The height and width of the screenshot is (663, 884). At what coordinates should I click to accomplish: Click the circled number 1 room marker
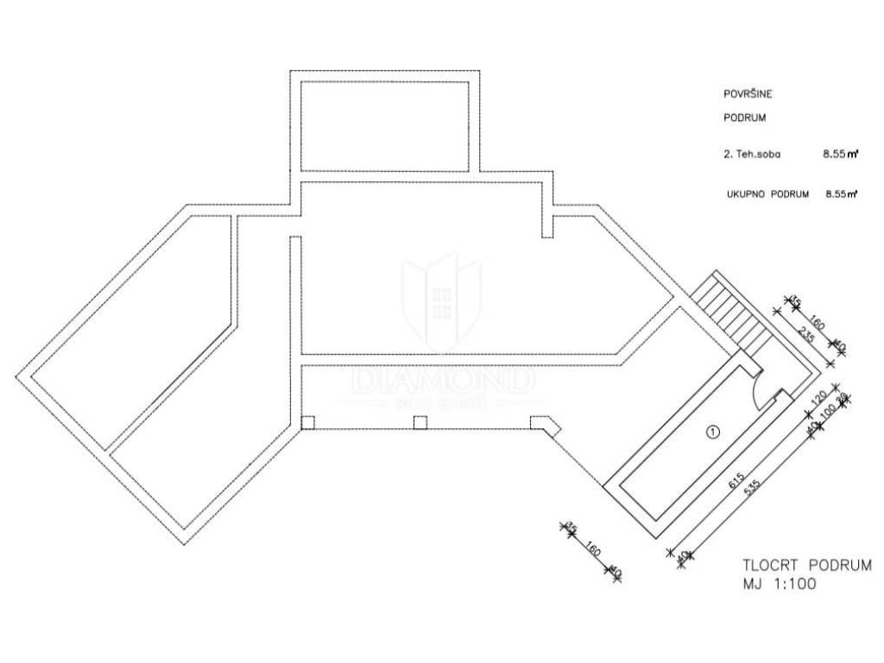point(712,433)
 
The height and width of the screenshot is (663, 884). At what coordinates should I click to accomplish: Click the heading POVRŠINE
point(748,94)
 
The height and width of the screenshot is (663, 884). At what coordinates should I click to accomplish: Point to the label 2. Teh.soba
point(750,156)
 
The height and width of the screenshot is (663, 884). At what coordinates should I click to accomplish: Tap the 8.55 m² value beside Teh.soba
point(840,156)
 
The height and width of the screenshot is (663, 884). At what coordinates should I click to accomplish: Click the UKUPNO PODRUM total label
point(767,195)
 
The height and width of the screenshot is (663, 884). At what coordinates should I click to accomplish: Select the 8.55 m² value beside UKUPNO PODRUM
point(840,195)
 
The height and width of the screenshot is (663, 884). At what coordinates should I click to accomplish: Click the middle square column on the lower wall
point(420,422)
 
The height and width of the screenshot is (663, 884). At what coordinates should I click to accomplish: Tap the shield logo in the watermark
point(442,299)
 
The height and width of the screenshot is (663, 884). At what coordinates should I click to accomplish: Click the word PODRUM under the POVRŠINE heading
point(744,117)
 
